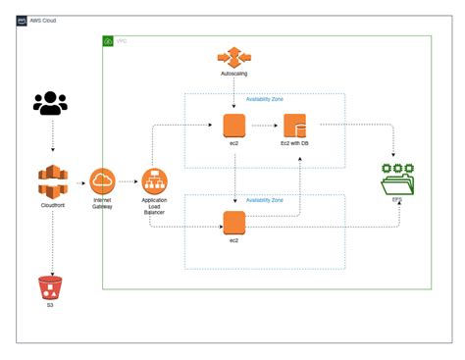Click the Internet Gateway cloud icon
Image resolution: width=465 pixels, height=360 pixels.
[x=103, y=181]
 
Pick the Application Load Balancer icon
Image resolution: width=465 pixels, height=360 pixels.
[x=154, y=181]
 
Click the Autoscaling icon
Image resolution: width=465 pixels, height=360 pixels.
[x=233, y=56]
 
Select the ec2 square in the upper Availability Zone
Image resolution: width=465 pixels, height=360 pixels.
[x=233, y=126]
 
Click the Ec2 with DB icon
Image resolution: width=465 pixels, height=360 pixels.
[x=296, y=126]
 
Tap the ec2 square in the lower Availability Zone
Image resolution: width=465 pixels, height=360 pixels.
[x=233, y=223]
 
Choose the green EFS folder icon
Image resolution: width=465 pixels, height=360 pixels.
[x=396, y=181]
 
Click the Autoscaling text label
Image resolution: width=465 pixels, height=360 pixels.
[x=233, y=75]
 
